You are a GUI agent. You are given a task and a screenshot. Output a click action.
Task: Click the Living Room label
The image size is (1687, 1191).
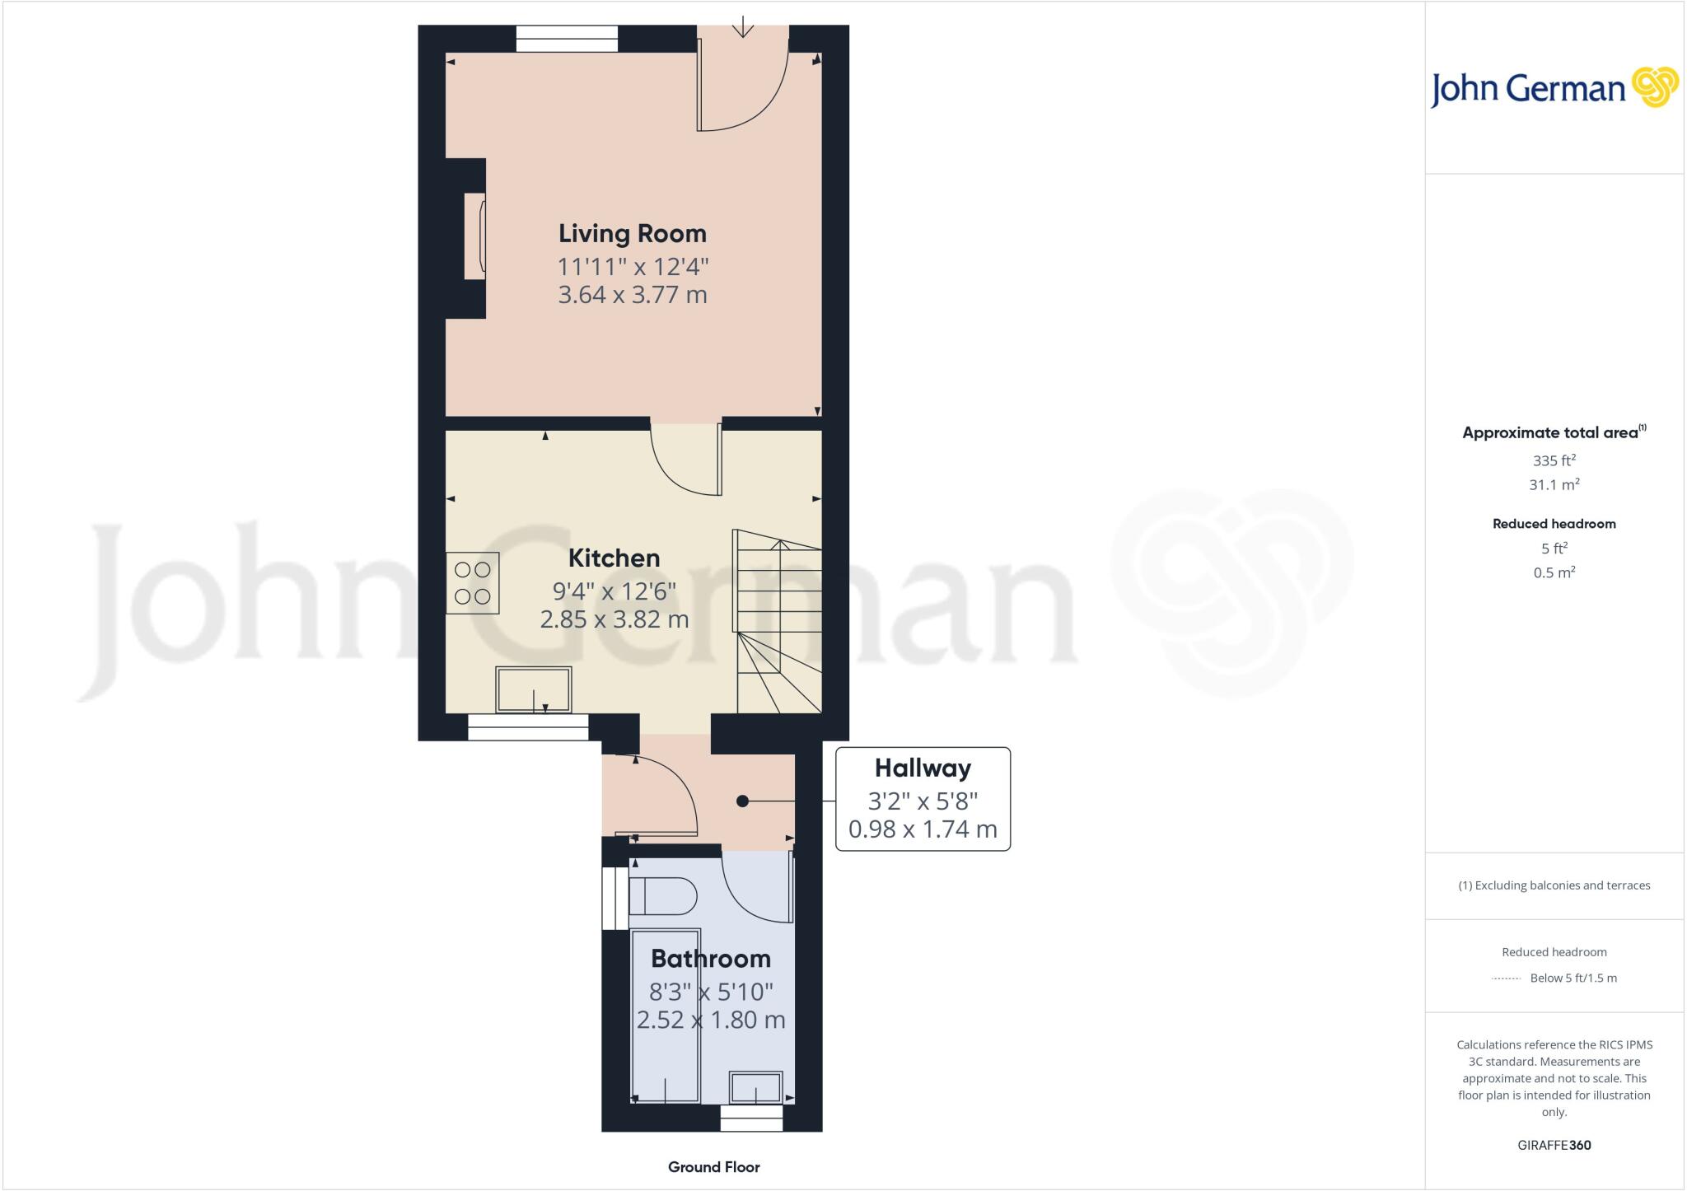[x=632, y=234]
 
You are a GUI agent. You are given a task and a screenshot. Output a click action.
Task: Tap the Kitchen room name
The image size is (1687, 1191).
[x=614, y=558]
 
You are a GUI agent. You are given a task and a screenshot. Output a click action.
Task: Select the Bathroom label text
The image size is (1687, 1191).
[x=710, y=959]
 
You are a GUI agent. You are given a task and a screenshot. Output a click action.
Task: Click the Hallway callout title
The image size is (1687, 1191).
[x=923, y=768]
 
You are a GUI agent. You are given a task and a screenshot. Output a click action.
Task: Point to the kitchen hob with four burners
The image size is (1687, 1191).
[x=473, y=583]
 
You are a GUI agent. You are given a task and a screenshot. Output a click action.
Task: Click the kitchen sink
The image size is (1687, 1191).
[x=534, y=689]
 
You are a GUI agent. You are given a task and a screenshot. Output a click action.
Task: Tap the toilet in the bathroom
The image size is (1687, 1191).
[x=662, y=896]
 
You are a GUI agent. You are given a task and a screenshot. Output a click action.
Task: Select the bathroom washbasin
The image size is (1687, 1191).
[x=755, y=1087]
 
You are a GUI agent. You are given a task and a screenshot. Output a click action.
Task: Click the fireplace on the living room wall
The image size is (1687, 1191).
[x=474, y=236]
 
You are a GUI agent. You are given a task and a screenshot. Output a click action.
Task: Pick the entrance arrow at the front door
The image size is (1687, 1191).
[x=743, y=27]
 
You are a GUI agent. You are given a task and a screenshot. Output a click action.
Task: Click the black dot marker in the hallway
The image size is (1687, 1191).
[x=742, y=801]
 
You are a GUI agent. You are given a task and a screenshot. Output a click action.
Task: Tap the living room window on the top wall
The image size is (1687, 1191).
[x=567, y=39]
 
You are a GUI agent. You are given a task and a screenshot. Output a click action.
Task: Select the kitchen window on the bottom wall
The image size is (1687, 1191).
[x=528, y=727]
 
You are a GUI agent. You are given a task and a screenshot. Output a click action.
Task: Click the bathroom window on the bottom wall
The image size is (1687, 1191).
[x=751, y=1119]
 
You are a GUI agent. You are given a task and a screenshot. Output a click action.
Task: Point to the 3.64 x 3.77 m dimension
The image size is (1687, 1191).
[x=632, y=295]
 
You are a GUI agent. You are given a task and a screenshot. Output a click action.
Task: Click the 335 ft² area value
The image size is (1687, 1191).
[x=1554, y=460]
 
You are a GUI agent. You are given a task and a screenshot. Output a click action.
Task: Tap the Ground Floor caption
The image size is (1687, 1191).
[x=713, y=1167]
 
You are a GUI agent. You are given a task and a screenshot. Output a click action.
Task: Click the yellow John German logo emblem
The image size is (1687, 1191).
[x=1654, y=87]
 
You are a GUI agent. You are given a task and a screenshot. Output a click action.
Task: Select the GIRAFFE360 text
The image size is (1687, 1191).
[x=1554, y=1145]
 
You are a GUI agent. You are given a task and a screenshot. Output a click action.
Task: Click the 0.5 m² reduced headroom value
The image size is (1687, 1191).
[x=1554, y=572]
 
